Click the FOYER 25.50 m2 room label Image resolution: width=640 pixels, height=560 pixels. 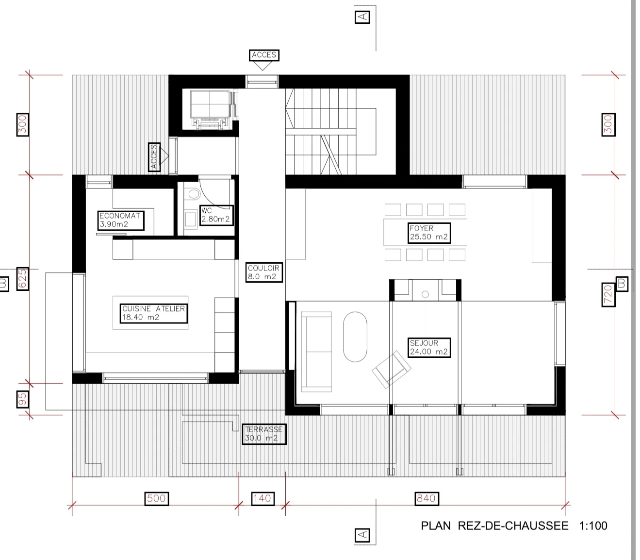pyautogui.click(x=429, y=233)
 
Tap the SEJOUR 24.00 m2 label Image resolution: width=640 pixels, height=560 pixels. pyautogui.click(x=429, y=347)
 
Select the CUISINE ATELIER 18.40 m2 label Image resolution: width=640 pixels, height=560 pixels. pyautogui.click(x=153, y=313)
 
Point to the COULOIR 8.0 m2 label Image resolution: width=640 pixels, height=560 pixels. pyautogui.click(x=263, y=272)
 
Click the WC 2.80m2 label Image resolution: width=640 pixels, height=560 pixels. pyautogui.click(x=216, y=215)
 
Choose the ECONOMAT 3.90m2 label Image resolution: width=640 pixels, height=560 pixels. pyautogui.click(x=120, y=220)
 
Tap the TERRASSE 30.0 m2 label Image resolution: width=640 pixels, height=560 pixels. pyautogui.click(x=264, y=434)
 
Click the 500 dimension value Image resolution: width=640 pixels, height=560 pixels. pyautogui.click(x=156, y=498)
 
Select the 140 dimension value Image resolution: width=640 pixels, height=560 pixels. pyautogui.click(x=263, y=498)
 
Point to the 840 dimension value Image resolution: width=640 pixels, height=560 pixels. pyautogui.click(x=427, y=498)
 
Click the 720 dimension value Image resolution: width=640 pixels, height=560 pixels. pyautogui.click(x=608, y=294)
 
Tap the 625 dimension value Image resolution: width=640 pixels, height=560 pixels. pyautogui.click(x=22, y=279)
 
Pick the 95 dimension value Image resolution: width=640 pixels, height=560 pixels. pyautogui.click(x=22, y=399)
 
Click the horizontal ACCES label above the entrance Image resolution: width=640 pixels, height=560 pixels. pyautogui.click(x=264, y=55)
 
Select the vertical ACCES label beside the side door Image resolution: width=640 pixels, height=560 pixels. pyautogui.click(x=154, y=157)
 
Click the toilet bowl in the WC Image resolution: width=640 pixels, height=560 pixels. pyautogui.click(x=193, y=194)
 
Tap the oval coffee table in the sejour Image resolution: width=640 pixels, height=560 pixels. pyautogui.click(x=355, y=337)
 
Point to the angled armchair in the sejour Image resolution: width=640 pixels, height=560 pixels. pyautogui.click(x=391, y=370)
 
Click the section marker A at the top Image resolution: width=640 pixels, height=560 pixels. pyautogui.click(x=362, y=17)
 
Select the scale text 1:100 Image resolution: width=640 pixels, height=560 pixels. pyautogui.click(x=593, y=526)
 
